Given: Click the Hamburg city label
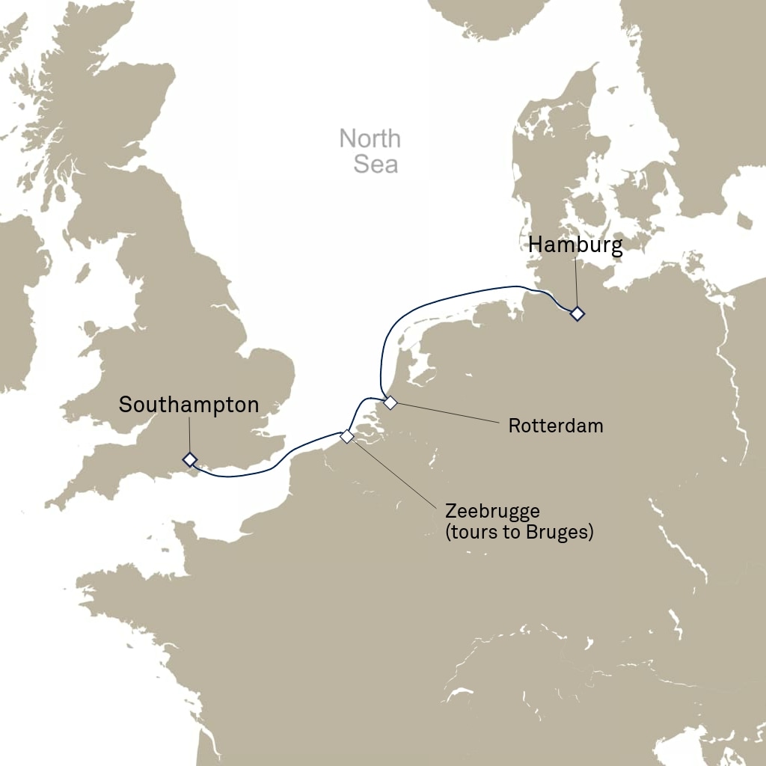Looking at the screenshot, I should (x=575, y=245).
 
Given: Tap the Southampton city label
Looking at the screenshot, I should (x=189, y=405).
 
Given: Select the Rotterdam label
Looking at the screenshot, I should (x=555, y=426).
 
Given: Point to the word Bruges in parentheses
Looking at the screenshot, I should (x=558, y=533).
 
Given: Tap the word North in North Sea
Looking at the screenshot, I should (x=370, y=139).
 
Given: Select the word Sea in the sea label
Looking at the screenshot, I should (x=376, y=164).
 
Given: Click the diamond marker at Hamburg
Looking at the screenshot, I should (x=577, y=314).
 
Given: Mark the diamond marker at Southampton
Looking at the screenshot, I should (x=190, y=459).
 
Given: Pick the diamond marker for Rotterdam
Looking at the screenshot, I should (x=390, y=403).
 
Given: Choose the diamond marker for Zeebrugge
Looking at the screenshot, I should (x=346, y=436).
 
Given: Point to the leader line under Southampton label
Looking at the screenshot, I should (x=189, y=435).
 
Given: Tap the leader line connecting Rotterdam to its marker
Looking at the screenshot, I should (x=449, y=414).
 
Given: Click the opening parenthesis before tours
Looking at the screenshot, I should (x=447, y=533).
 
